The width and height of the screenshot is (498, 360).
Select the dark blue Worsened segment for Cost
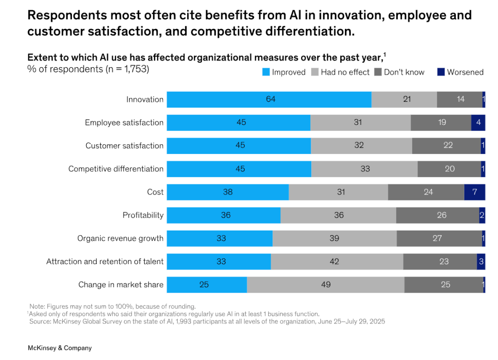tap(474, 192)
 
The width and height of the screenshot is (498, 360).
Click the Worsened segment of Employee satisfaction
tap(478, 123)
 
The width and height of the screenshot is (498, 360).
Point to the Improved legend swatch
tap(266, 72)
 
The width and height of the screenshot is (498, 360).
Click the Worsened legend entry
tap(460, 72)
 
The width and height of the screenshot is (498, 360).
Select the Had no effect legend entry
tap(341, 72)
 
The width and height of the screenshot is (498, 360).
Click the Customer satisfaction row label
tap(125, 146)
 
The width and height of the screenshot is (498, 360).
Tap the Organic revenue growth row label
tap(120, 238)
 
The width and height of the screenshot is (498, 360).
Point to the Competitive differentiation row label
tap(116, 169)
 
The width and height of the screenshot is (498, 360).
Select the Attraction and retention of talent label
tap(105, 261)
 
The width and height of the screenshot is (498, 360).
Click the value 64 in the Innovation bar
tap(271, 100)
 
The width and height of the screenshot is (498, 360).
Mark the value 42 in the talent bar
tap(334, 261)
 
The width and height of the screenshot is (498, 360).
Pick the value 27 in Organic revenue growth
tap(437, 238)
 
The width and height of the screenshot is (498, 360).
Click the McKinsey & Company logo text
tap(60, 348)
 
